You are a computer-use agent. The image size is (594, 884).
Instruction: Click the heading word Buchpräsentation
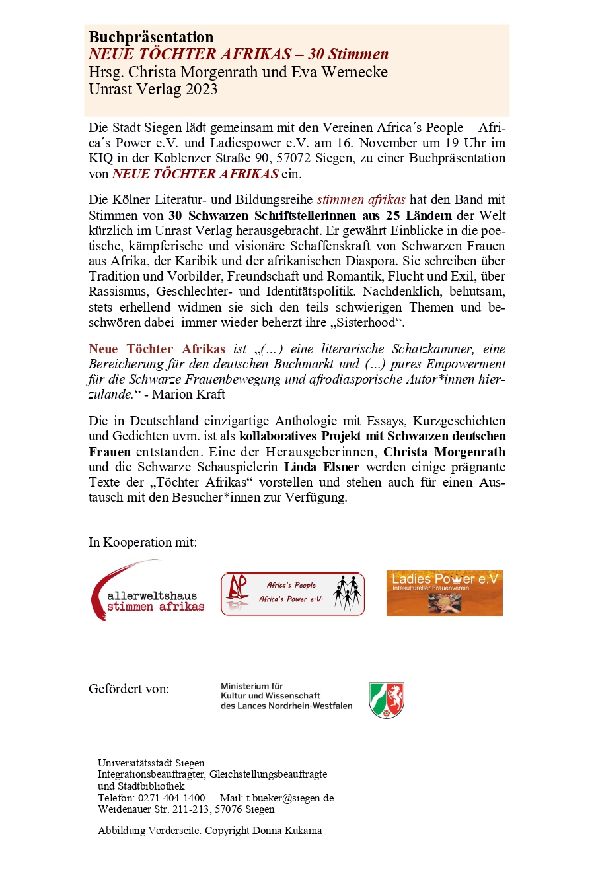tap(151, 37)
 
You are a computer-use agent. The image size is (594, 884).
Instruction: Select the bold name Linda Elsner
tap(322, 467)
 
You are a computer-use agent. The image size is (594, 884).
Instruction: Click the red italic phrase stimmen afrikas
tap(361, 199)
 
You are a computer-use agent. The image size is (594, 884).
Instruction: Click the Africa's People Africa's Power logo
tap(292, 594)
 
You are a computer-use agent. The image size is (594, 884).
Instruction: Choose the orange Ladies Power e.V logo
tap(444, 593)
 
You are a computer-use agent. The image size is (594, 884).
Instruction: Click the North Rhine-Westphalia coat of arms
tap(387, 700)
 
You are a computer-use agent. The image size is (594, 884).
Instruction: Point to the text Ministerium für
tap(252, 686)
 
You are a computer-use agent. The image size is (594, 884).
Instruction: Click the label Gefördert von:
tap(129, 689)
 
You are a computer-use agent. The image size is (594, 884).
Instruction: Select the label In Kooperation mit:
tap(143, 542)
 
